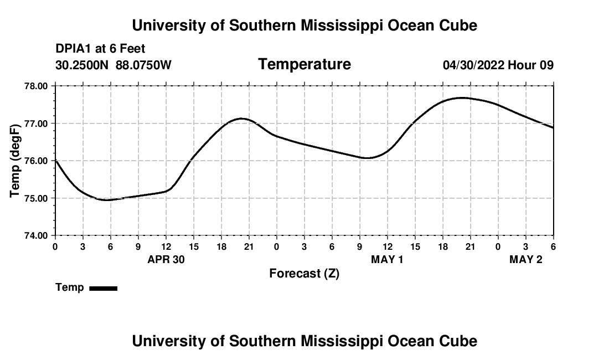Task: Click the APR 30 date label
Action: [x=166, y=260]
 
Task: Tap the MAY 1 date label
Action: [x=387, y=260]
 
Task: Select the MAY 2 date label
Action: [x=525, y=260]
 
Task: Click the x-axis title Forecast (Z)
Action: [x=304, y=274]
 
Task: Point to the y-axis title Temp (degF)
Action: [x=16, y=161]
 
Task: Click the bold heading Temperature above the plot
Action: [x=304, y=64]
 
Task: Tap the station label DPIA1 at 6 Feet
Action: [x=100, y=49]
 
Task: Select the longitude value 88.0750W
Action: [x=143, y=65]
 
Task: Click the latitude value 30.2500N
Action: [x=82, y=65]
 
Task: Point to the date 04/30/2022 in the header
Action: [x=473, y=65]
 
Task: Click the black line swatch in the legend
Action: [x=103, y=288]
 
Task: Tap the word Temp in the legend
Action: [x=70, y=287]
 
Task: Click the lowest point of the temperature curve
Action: [x=108, y=199]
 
